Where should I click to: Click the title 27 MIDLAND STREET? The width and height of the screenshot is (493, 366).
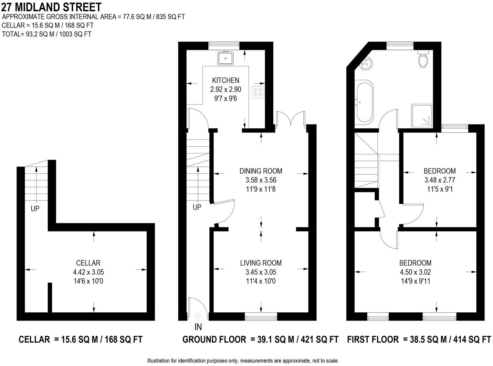[52, 7]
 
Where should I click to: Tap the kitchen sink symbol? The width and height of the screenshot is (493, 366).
[225, 58]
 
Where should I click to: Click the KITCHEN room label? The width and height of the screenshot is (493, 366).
[225, 80]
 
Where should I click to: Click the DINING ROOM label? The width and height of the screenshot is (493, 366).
[261, 171]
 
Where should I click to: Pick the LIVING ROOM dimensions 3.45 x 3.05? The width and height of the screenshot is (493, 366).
[261, 272]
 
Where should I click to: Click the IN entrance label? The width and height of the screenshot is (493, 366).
[198, 326]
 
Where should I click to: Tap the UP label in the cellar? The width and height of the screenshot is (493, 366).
[35, 208]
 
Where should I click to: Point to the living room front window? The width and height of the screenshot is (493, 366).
[261, 314]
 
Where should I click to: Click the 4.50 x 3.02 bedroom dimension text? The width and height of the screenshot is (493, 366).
[415, 272]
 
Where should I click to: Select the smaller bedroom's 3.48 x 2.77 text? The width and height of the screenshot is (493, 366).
[440, 180]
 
